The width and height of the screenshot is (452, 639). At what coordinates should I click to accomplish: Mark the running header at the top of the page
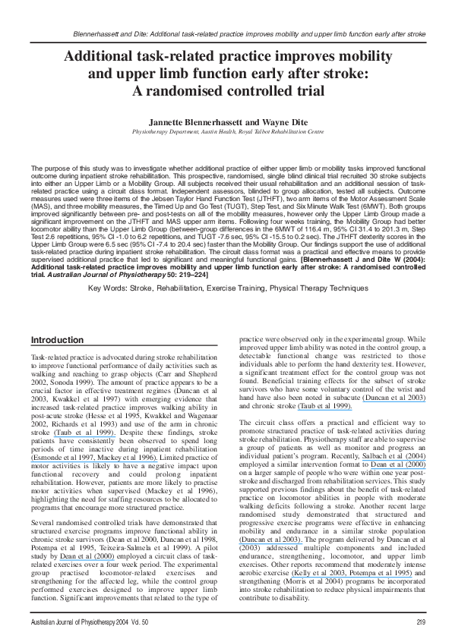pos(250,35)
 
